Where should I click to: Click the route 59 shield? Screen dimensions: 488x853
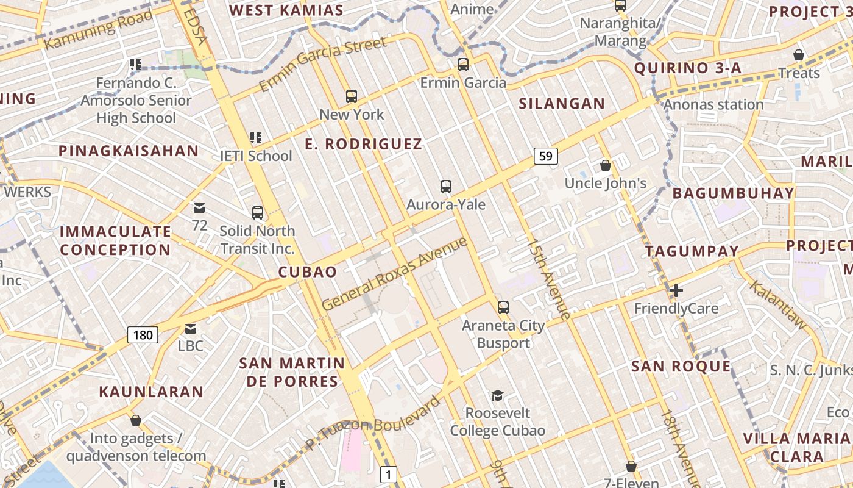point(545,156)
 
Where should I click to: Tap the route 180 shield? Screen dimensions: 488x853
point(143,334)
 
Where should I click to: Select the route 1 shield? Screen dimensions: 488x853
point(389,474)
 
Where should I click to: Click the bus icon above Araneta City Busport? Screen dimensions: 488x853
point(503,307)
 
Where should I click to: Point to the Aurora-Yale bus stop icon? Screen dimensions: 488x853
point(446,187)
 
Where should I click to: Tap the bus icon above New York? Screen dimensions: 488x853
point(352,96)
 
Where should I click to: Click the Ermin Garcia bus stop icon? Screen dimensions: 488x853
point(463,65)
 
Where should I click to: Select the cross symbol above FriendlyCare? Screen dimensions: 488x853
point(676,290)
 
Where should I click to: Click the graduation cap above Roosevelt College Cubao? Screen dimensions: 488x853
point(497,395)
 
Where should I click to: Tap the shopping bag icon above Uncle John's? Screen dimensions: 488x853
point(605,165)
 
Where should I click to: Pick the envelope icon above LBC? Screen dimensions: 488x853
point(191,329)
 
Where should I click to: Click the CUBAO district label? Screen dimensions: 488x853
point(308,272)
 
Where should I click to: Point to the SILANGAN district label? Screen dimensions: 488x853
point(562,104)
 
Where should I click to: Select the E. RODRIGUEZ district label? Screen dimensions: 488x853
point(364,144)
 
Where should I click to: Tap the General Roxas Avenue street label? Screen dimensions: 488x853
point(394,273)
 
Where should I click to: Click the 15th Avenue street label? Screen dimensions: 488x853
point(550,279)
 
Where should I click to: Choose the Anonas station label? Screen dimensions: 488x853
point(713,104)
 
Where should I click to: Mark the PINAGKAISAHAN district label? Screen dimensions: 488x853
point(129,151)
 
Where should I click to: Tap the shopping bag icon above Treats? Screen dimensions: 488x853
point(798,56)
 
